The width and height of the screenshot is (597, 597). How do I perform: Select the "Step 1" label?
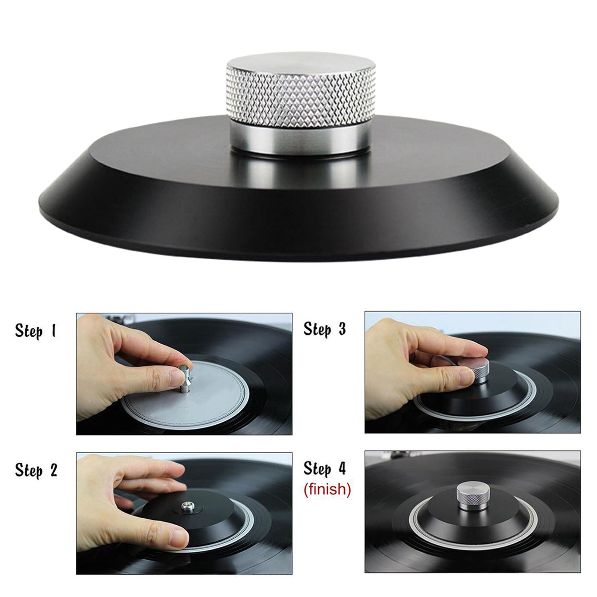coord(36,331)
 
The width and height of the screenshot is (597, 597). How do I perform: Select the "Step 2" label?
coord(36,470)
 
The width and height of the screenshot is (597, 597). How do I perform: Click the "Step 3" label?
coord(325,329)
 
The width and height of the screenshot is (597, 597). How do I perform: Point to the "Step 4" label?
coord(325,468)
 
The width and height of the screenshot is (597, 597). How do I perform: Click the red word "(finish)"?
coord(327,489)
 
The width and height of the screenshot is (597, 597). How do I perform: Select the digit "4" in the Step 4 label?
coord(341,468)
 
